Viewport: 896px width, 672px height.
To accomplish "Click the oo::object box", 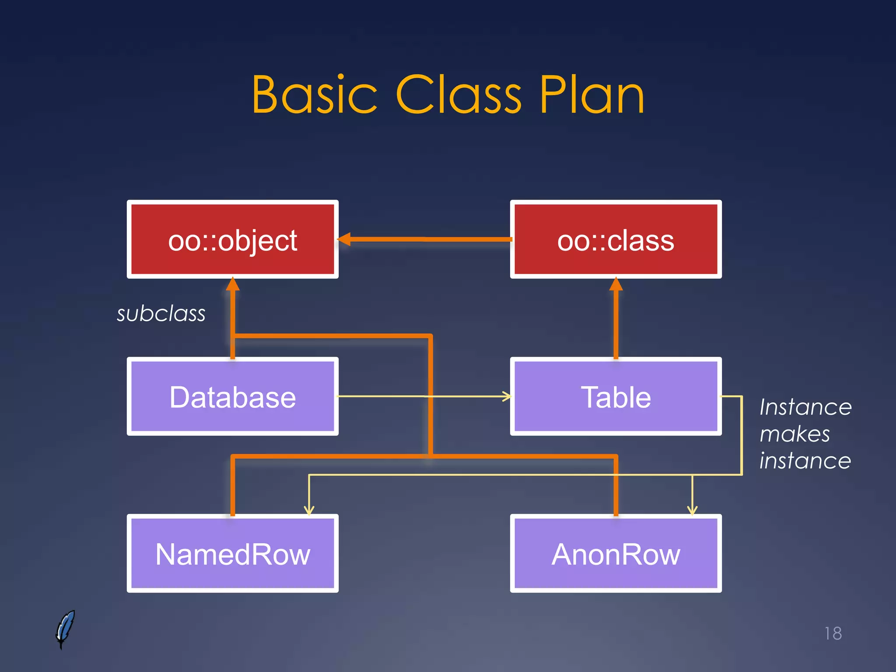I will [x=232, y=239].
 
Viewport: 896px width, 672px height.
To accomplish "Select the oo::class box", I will [x=616, y=239].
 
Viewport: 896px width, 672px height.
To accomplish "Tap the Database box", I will [x=232, y=396].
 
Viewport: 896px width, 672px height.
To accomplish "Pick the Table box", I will [x=616, y=396].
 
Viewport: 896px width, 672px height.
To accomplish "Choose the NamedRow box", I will [x=232, y=553].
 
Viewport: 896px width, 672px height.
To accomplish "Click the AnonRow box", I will [x=616, y=553].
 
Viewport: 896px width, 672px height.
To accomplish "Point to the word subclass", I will [x=161, y=314].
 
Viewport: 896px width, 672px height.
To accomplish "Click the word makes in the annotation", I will [x=794, y=434].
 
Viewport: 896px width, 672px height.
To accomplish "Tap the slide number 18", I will [x=833, y=633].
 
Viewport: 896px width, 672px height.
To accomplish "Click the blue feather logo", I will [x=65, y=629].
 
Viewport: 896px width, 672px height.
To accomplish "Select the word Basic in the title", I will [x=314, y=95].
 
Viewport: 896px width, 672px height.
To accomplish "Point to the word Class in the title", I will [x=458, y=95].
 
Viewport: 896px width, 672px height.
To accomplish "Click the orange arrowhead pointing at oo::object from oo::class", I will [x=344, y=239].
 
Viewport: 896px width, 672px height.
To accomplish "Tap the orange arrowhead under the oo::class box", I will [x=616, y=284].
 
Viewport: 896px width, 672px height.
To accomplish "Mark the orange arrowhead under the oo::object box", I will [x=232, y=284].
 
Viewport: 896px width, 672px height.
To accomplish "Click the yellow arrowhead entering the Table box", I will [x=507, y=396].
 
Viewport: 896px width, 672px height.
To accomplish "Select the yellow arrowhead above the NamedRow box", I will [x=309, y=510].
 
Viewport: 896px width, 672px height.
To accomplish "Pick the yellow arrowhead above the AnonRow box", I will [x=692, y=510].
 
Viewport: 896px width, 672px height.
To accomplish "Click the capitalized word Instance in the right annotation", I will [x=805, y=407].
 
